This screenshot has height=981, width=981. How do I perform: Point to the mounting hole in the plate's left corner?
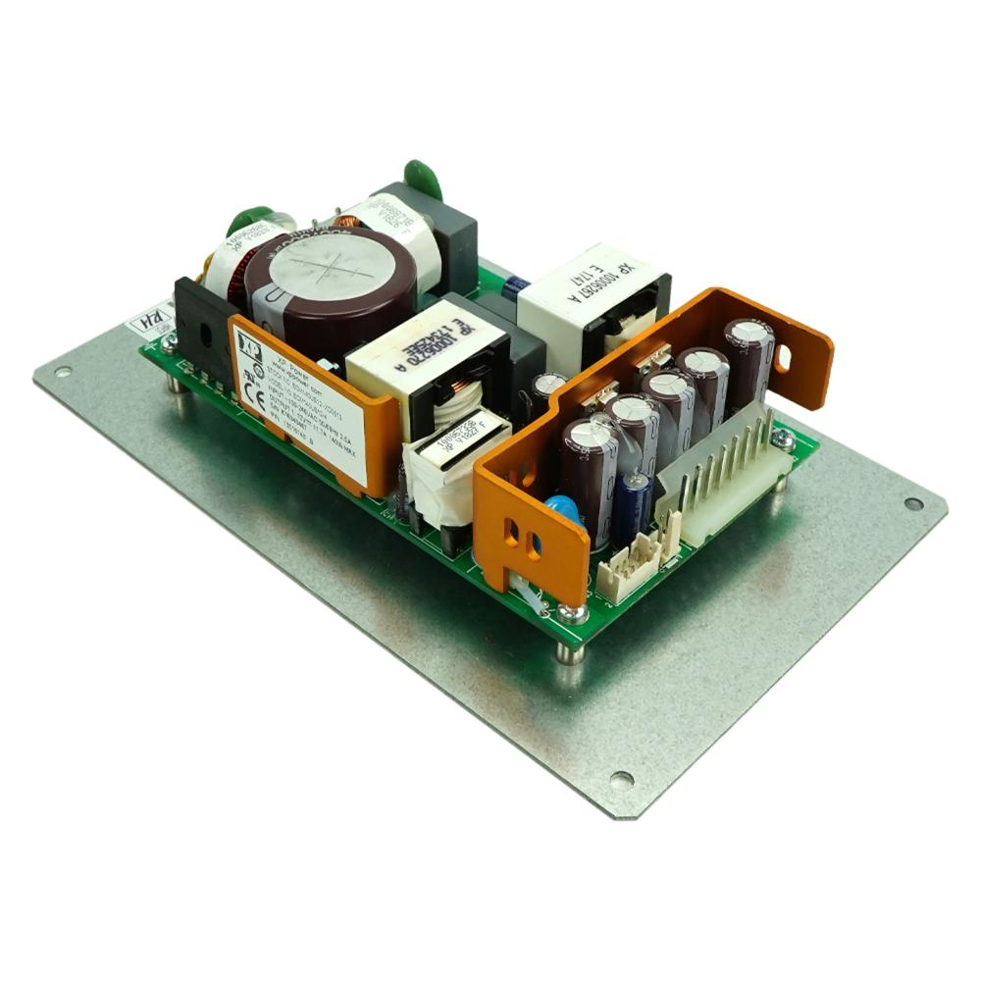(64, 373)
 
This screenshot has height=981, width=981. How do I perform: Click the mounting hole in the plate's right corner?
(913, 503)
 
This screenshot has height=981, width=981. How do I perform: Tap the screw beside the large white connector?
(782, 439)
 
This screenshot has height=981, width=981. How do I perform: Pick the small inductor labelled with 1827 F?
(457, 446)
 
